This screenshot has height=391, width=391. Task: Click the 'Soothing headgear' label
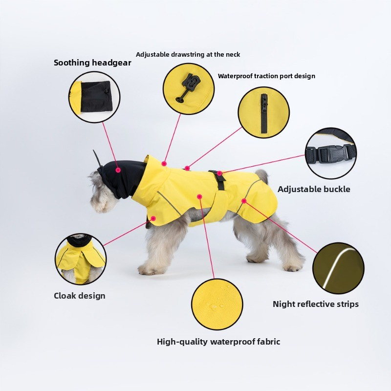tap(92, 63)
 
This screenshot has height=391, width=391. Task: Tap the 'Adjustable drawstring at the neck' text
tap(188, 54)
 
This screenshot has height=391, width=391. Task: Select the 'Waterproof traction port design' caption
tap(266, 76)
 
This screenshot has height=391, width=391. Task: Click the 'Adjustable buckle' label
tap(314, 189)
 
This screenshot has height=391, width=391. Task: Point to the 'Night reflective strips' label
tap(315, 304)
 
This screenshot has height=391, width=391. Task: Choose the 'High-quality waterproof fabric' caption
tap(218, 342)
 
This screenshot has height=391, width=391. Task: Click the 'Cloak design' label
tap(79, 296)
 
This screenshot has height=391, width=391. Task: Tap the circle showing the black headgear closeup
tap(94, 97)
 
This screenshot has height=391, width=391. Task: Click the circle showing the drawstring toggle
tap(189, 88)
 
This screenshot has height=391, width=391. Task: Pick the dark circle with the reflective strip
tap(338, 268)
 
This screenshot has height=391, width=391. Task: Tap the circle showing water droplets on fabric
tap(217, 304)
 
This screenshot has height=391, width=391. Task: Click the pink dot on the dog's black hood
tap(118, 170)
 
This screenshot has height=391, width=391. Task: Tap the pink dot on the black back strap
tap(220, 173)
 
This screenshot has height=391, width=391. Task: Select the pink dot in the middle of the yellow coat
tap(199, 196)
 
